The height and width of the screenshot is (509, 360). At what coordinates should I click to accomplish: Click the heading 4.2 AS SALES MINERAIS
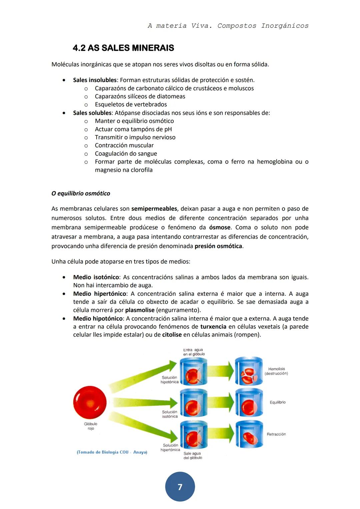coord(123,48)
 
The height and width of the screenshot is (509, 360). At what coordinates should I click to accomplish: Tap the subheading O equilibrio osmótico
coord(81,193)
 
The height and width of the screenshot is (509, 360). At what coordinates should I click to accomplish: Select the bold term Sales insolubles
coord(95,80)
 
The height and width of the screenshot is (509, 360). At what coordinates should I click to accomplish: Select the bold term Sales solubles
coord(92,113)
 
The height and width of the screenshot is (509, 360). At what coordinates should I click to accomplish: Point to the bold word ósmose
coord(220,227)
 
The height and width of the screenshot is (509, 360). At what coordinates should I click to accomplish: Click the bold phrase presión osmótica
coord(218,246)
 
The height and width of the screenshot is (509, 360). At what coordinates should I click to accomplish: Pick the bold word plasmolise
coord(140,310)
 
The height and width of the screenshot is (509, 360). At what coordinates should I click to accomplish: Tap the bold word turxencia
coord(213,327)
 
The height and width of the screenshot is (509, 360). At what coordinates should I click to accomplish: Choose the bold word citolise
coord(172,335)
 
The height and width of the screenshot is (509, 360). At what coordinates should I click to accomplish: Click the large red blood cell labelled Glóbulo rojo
coord(90,402)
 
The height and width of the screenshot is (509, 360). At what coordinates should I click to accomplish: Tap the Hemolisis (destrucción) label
coord(276,371)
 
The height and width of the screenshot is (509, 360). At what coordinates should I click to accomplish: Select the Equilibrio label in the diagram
coord(277,402)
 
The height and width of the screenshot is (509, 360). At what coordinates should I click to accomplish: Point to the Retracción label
coord(276,434)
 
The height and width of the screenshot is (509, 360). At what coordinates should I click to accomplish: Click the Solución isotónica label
coord(170,414)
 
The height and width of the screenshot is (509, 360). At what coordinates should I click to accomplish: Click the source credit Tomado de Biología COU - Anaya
coord(112,452)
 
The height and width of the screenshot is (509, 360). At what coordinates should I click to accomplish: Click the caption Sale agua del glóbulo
coord(193,455)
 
